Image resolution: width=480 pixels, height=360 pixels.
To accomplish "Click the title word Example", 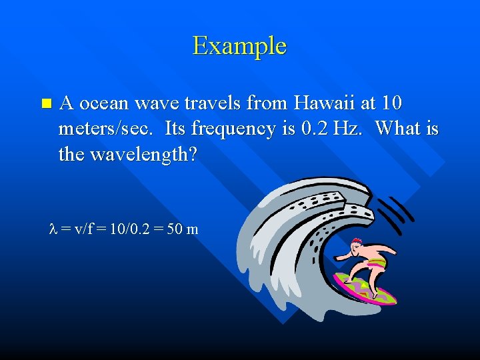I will [x=239, y=46].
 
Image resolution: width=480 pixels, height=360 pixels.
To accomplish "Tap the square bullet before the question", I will [x=45, y=103].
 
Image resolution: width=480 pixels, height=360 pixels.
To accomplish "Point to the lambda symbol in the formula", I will [x=54, y=229].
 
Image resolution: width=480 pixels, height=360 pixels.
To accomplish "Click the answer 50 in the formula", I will [x=174, y=229].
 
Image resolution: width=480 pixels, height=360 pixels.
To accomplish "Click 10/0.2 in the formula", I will [x=127, y=229].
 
